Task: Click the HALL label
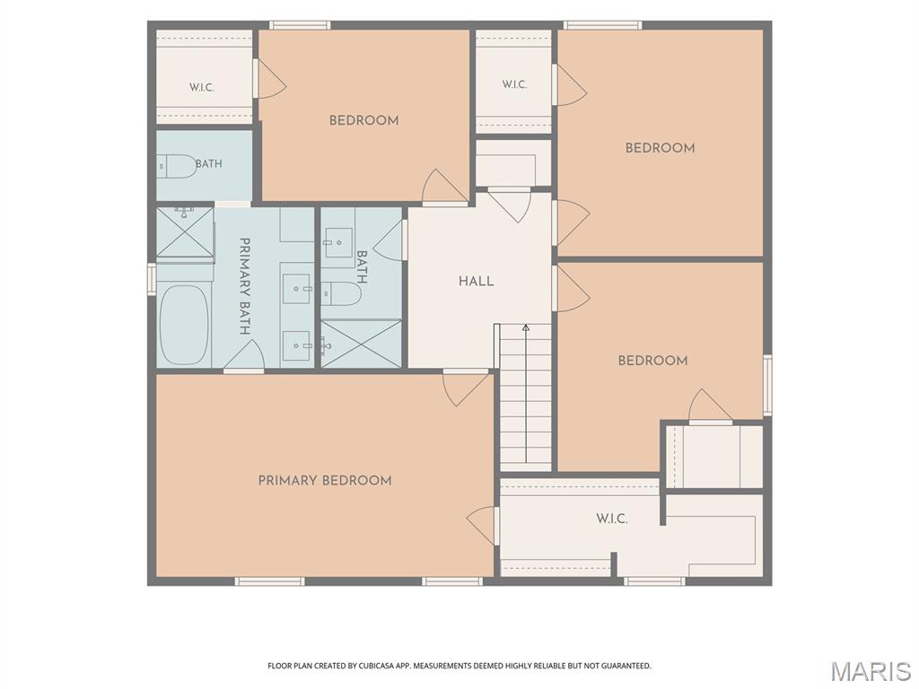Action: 476,281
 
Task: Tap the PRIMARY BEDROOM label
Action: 325,481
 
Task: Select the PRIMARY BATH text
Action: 245,286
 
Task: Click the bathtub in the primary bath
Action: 183,325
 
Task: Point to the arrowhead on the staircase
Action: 526,327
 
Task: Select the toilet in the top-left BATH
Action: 177,166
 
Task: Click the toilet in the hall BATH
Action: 341,293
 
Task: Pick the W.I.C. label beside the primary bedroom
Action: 612,519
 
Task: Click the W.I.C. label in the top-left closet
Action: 202,87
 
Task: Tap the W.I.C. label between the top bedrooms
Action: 514,84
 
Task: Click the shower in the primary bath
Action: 185,231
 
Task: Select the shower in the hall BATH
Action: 361,344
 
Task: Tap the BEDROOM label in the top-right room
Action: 660,148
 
